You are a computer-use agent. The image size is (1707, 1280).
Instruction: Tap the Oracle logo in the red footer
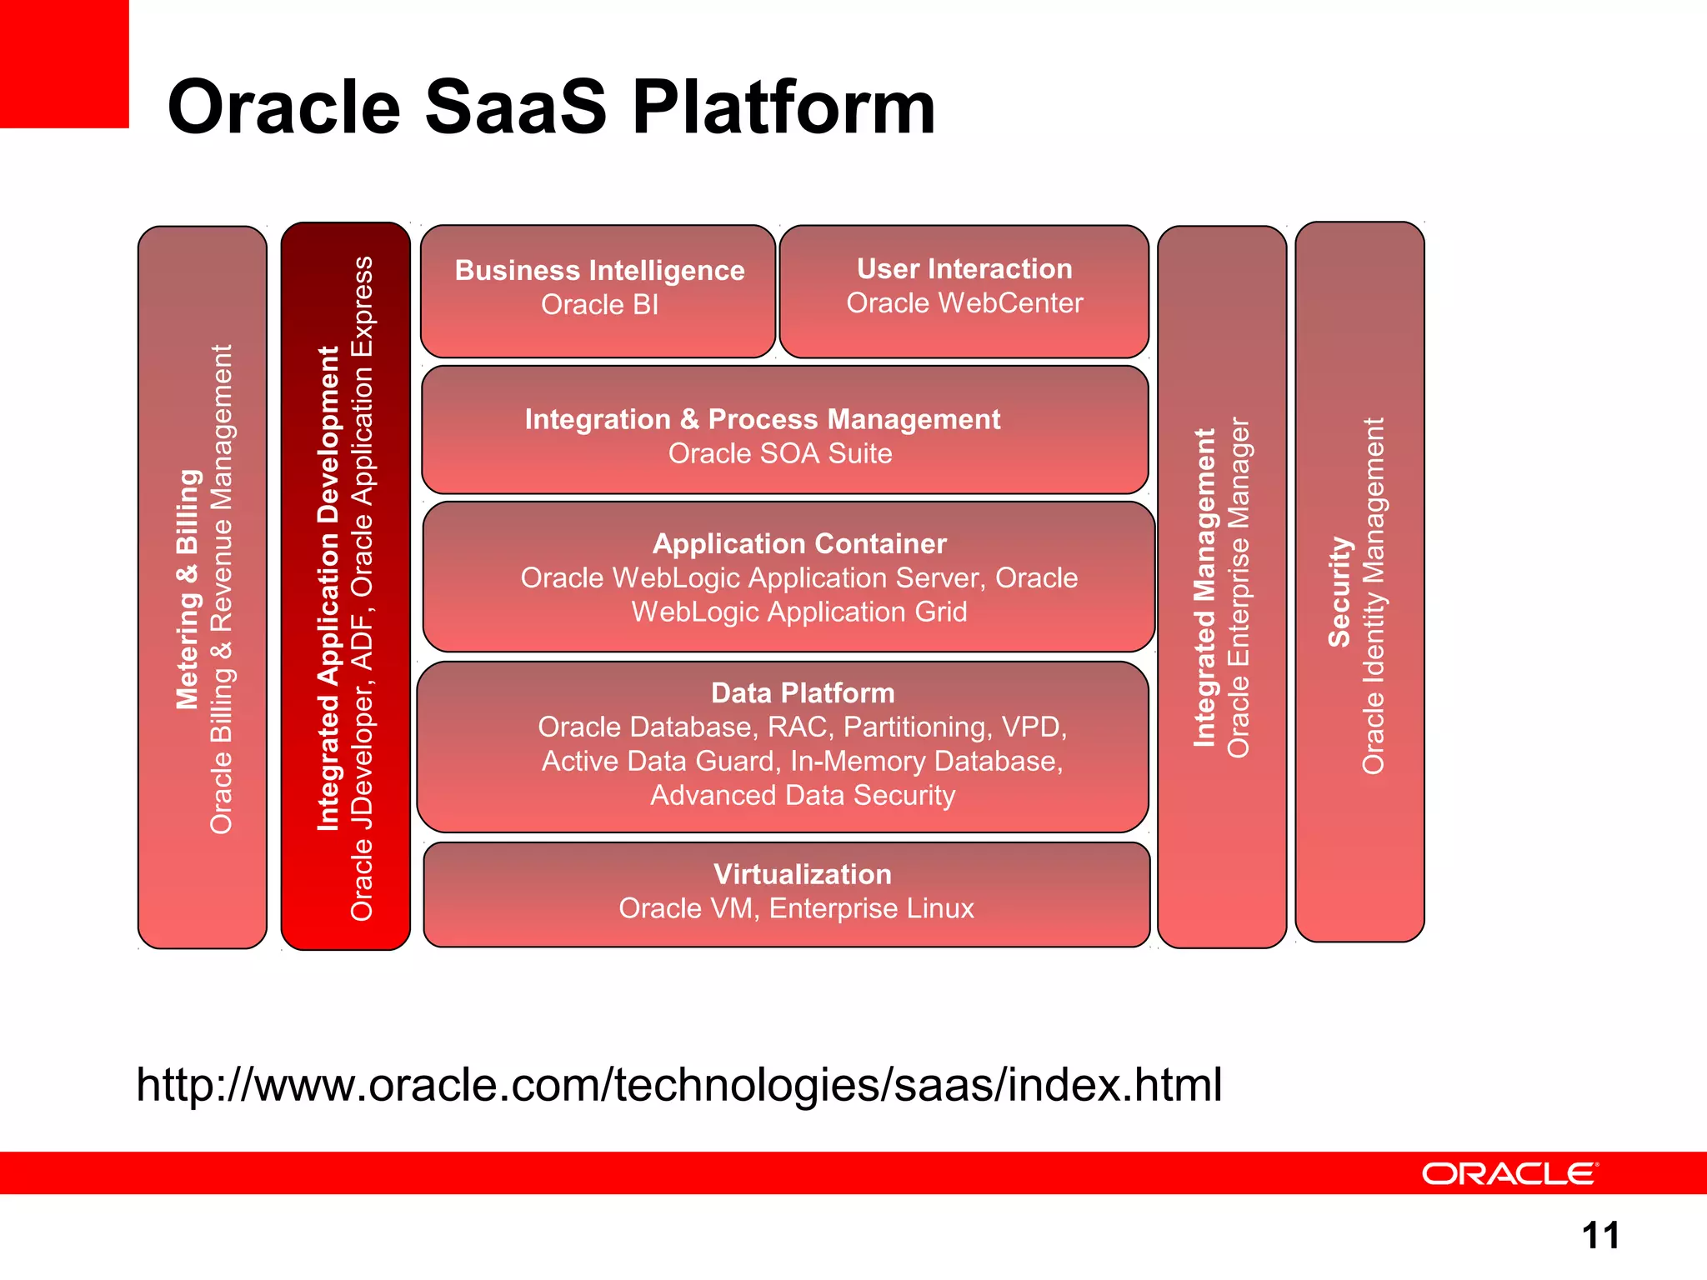1509,1173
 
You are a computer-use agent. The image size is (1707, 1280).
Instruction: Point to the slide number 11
1600,1235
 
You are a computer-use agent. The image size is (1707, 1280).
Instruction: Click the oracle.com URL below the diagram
678,1085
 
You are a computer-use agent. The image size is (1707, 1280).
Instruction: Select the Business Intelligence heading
599,271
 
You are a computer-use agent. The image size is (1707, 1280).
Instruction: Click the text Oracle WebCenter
964,303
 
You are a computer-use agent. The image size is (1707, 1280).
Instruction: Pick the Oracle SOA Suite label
780,453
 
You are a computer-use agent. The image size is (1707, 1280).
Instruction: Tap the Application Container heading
799,544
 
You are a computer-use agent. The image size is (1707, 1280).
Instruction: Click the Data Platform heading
802,693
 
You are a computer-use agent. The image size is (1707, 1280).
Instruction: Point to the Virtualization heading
802,874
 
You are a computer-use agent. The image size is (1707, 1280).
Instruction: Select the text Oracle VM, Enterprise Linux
796,908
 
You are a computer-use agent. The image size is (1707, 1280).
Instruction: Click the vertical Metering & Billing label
188,589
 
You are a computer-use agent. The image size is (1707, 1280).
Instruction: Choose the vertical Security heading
1339,591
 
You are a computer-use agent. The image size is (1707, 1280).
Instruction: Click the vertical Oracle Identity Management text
1373,595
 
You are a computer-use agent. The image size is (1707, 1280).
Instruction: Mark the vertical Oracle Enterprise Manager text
1239,587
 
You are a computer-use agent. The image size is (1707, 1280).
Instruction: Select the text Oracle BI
599,305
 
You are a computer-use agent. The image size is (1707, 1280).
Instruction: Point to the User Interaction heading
964,269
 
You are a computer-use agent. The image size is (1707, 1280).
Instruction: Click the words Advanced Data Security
802,796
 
